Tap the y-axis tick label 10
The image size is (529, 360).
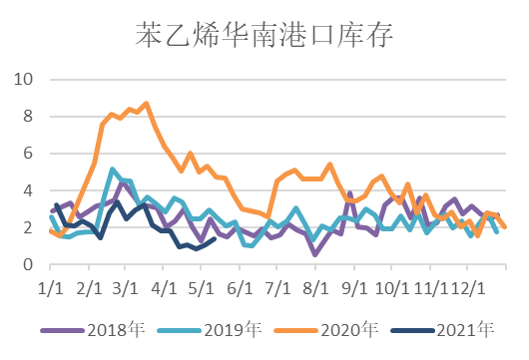23,79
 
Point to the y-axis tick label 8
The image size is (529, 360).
28,116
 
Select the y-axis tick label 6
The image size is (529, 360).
28,153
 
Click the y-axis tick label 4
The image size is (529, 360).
28,190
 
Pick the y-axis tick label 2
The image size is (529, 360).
28,227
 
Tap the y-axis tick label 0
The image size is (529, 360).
28,264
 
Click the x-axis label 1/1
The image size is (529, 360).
50,286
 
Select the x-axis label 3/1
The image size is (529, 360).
126,286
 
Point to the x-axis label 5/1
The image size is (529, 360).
202,286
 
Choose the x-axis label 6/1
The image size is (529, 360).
240,286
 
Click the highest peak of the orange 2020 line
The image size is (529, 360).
147,103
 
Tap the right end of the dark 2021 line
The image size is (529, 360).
215,238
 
